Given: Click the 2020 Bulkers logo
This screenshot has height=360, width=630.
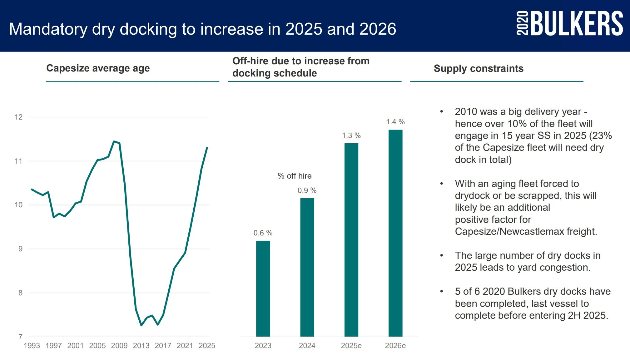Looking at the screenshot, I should click(569, 23).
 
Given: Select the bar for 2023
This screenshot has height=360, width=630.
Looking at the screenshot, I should click(263, 288).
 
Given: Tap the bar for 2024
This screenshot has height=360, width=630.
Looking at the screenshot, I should click(307, 267).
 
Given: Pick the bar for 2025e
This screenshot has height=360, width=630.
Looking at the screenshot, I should click(351, 240).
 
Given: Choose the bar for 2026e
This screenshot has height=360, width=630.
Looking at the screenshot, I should click(395, 233).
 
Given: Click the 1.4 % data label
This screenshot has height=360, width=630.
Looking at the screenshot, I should click(395, 122).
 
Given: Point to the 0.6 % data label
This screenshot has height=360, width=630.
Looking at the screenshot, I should click(263, 233).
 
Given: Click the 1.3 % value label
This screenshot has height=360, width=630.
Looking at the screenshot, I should click(351, 136).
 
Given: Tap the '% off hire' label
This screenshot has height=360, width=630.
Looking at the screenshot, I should click(295, 176).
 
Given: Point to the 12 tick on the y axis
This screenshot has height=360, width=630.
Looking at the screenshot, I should click(19, 117).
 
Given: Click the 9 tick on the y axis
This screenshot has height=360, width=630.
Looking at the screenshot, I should click(20, 249).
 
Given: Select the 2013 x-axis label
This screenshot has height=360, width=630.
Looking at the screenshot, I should click(141, 346).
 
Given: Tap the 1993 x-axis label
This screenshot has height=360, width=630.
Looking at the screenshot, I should click(32, 346).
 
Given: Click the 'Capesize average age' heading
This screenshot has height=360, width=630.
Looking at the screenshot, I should click(98, 68).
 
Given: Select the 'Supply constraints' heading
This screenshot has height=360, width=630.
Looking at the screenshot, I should click(479, 68).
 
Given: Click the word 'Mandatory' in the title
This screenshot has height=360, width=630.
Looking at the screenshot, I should click(48, 29).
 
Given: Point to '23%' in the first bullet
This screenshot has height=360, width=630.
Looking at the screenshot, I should click(602, 136).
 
